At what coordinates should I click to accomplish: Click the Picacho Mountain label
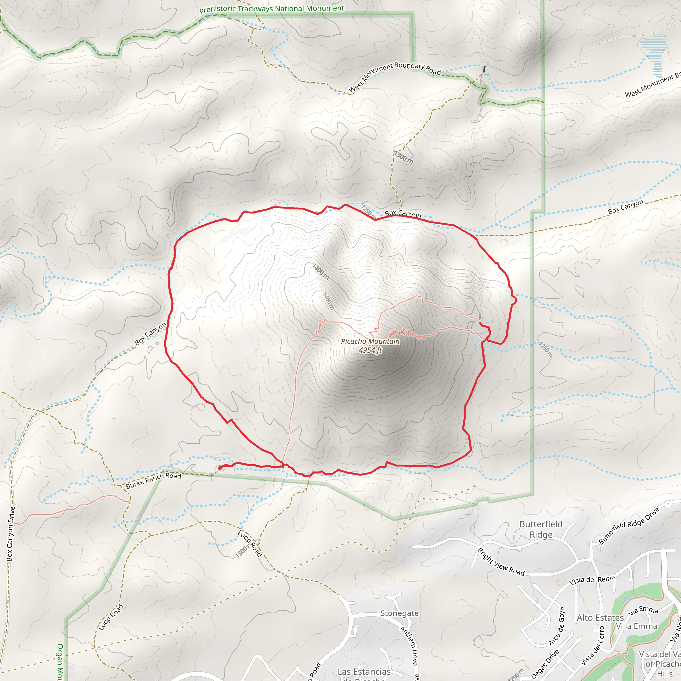click(x=370, y=341)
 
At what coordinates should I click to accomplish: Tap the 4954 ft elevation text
click(x=370, y=350)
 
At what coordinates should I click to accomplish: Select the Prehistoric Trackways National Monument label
click(x=271, y=9)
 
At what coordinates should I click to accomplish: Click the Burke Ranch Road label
click(x=153, y=480)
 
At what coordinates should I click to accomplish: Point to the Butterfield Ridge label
click(x=541, y=529)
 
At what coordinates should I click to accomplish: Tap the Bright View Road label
click(x=501, y=562)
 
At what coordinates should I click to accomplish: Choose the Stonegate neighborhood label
click(x=399, y=613)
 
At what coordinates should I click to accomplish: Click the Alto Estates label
click(x=600, y=618)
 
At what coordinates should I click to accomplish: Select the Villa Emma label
click(x=636, y=626)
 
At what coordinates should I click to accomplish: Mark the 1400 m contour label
click(x=321, y=271)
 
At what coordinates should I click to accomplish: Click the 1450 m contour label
click(x=328, y=301)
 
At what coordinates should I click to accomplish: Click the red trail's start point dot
click(x=220, y=468)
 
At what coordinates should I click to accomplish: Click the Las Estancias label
click(x=364, y=672)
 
